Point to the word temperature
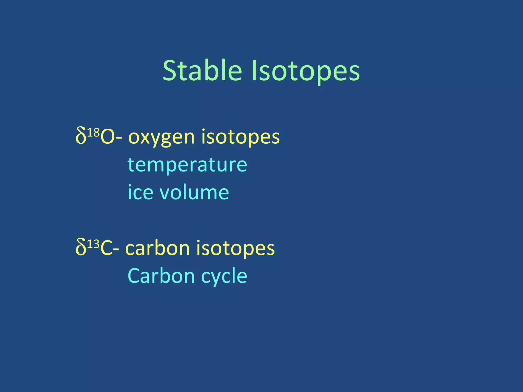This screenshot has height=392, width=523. pos(187,165)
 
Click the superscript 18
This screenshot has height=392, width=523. pos(93,133)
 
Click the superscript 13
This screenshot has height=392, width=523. pos(93,244)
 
